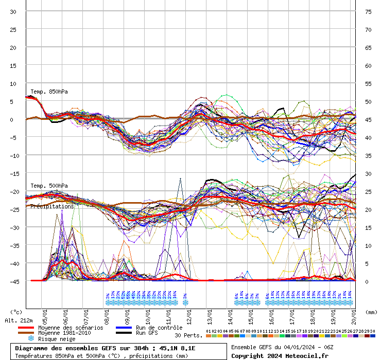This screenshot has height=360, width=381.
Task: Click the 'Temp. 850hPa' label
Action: point(49,92)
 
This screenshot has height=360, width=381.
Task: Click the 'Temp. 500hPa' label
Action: point(49,186)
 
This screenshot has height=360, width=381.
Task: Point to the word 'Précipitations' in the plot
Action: point(52,206)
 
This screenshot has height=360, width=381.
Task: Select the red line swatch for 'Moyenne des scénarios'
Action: point(26,328)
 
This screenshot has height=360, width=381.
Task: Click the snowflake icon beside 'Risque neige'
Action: point(31,339)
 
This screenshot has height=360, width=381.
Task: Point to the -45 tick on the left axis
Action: point(13,281)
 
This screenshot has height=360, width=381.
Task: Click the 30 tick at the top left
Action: point(13,11)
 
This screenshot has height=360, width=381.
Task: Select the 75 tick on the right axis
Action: point(368,11)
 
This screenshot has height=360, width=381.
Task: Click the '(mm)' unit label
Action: point(371,312)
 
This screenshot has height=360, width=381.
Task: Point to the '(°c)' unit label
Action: point(16,312)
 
